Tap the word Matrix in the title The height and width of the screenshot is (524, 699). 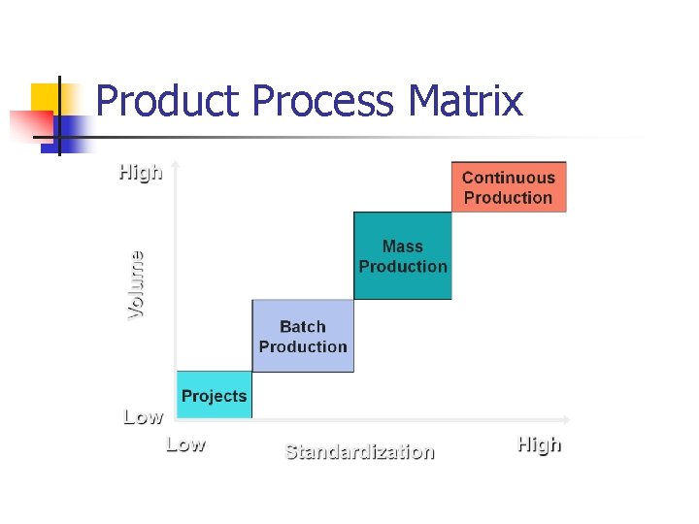(466, 101)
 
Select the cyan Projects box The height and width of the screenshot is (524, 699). (214, 396)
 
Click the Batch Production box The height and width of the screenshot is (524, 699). (303, 336)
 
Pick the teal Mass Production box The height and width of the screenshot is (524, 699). (403, 256)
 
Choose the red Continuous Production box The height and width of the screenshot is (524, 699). (509, 186)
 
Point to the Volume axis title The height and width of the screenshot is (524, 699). (137, 284)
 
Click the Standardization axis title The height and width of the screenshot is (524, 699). (359, 451)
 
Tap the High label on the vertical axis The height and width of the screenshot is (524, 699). (140, 174)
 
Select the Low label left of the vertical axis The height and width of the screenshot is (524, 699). (143, 417)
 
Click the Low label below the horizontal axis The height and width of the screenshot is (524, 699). (185, 445)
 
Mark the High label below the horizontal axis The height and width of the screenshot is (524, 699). (539, 445)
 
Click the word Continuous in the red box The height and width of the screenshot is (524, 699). (509, 178)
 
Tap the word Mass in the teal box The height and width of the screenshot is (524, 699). (403, 246)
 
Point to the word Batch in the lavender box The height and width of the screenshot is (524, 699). (303, 327)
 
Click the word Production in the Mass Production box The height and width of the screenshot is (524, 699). (403, 267)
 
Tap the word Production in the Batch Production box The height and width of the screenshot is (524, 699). (303, 346)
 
